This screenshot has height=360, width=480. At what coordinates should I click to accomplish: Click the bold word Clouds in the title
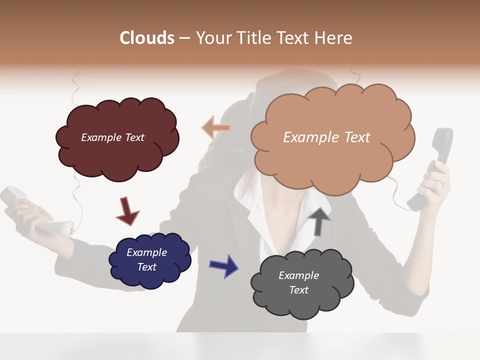147,38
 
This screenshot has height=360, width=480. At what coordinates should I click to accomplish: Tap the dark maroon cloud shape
117,155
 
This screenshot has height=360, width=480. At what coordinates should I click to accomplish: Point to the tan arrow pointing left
215,128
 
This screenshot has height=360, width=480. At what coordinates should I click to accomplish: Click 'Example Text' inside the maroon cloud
113,137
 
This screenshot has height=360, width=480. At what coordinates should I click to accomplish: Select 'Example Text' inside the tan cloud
326,137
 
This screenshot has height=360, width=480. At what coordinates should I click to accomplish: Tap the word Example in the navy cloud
146,252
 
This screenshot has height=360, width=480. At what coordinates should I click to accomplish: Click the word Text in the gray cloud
298,290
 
